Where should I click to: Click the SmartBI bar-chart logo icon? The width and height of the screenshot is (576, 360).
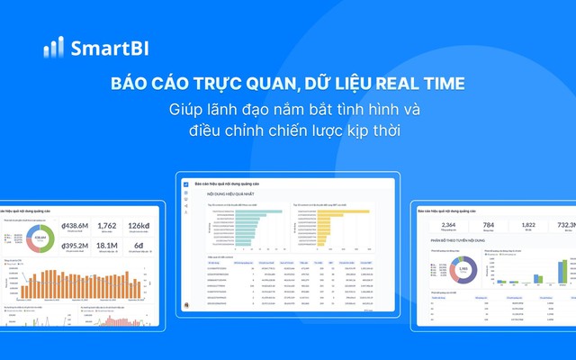pos(52,48)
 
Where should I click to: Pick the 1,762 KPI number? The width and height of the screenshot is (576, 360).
pos(106,226)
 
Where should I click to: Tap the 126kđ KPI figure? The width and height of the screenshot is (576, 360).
pos(140,226)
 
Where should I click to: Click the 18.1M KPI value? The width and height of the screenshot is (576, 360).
pos(106,245)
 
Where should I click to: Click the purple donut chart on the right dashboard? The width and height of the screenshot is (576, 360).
pos(462,269)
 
